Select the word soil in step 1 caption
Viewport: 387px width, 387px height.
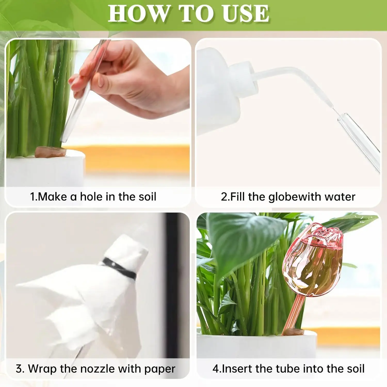pyautogui.click(x=147, y=197)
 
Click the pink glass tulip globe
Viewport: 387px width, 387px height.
pyautogui.click(x=313, y=261)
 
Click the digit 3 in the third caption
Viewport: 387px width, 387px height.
pyautogui.click(x=19, y=369)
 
